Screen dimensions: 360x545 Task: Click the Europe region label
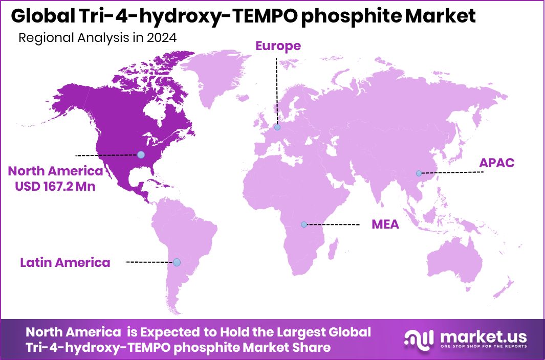tap(278, 46)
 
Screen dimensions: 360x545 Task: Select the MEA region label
tap(385, 224)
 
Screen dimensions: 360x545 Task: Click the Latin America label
tap(65, 263)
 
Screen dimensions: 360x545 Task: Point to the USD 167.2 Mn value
tap(55, 187)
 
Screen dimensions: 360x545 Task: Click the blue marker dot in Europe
tap(277, 127)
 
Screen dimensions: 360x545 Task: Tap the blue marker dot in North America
tap(141, 154)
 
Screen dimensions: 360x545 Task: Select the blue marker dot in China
tap(419, 173)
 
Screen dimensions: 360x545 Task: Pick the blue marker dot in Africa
tap(304, 224)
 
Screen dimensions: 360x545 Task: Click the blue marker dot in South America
tap(177, 262)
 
